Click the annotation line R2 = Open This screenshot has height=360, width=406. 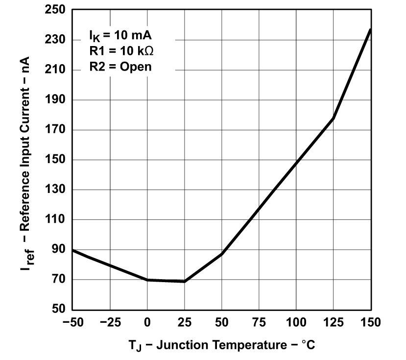pos(120,67)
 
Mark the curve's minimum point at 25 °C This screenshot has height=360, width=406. pos(185,282)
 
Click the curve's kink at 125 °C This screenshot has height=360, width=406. pos(334,118)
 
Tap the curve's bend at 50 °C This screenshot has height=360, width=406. pos(222,254)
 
